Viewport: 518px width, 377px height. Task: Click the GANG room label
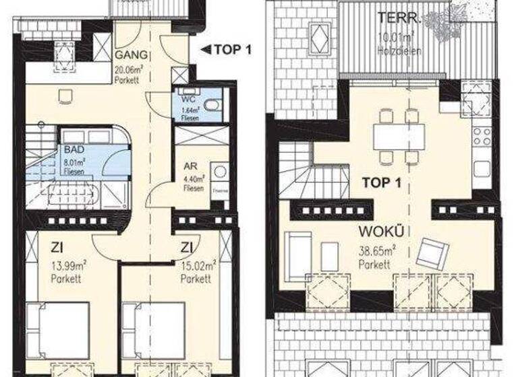click(127, 55)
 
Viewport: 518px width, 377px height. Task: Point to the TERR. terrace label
click(397, 18)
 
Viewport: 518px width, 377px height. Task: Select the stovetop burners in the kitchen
click(482, 135)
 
